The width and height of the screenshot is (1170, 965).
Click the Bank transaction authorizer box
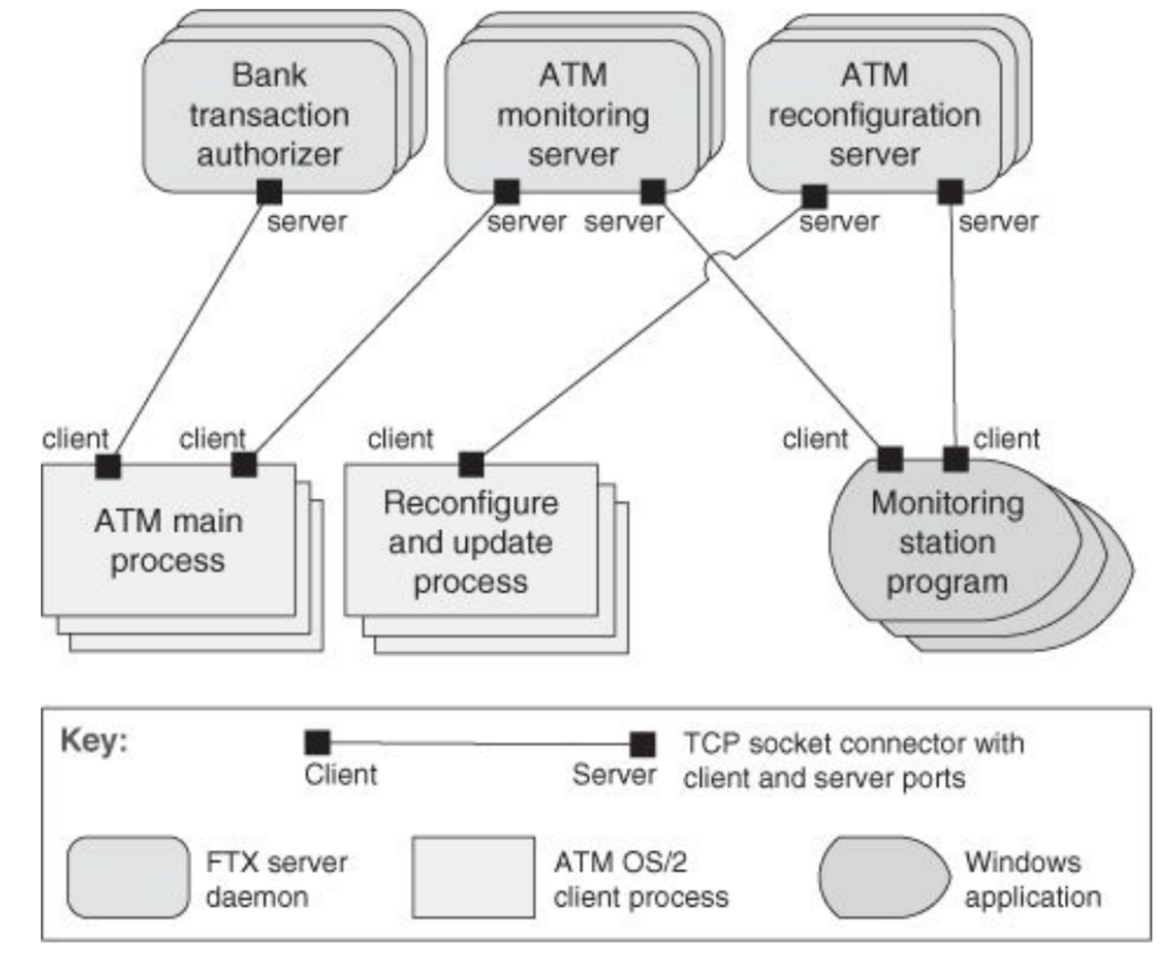(x=269, y=116)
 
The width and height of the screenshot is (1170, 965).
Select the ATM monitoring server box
(x=572, y=116)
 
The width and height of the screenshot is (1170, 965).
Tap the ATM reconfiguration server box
(x=874, y=116)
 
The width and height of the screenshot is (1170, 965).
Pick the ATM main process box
(x=169, y=541)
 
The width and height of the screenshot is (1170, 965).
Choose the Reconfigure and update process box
(x=470, y=542)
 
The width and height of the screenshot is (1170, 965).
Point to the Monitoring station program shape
(x=947, y=543)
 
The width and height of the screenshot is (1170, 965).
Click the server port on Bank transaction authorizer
(x=269, y=193)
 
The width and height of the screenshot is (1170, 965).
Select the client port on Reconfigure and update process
(x=471, y=464)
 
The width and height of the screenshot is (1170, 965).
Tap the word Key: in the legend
(x=94, y=740)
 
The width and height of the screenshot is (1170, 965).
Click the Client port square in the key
(x=317, y=742)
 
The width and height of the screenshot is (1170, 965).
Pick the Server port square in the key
(x=643, y=744)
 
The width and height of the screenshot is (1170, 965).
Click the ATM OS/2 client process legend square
(x=473, y=877)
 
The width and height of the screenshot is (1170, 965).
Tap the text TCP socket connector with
(x=854, y=743)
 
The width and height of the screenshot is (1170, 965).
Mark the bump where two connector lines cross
(x=720, y=263)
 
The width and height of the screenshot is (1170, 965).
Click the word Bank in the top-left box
(x=269, y=75)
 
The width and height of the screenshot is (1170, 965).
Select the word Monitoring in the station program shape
(x=947, y=503)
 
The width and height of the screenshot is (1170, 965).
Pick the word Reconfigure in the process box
(x=470, y=503)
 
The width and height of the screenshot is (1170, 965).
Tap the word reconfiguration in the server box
(x=874, y=115)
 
